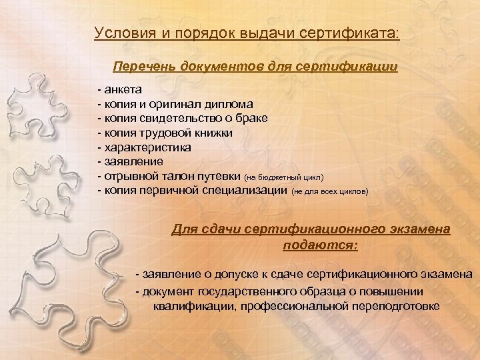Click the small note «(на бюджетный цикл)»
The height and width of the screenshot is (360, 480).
pyautogui.click(x=285, y=178)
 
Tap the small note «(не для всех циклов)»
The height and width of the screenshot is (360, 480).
pyautogui.click(x=331, y=192)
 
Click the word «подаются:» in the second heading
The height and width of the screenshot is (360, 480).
pyautogui.click(x=320, y=245)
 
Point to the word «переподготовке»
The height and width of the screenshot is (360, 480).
pyautogui.click(x=397, y=307)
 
